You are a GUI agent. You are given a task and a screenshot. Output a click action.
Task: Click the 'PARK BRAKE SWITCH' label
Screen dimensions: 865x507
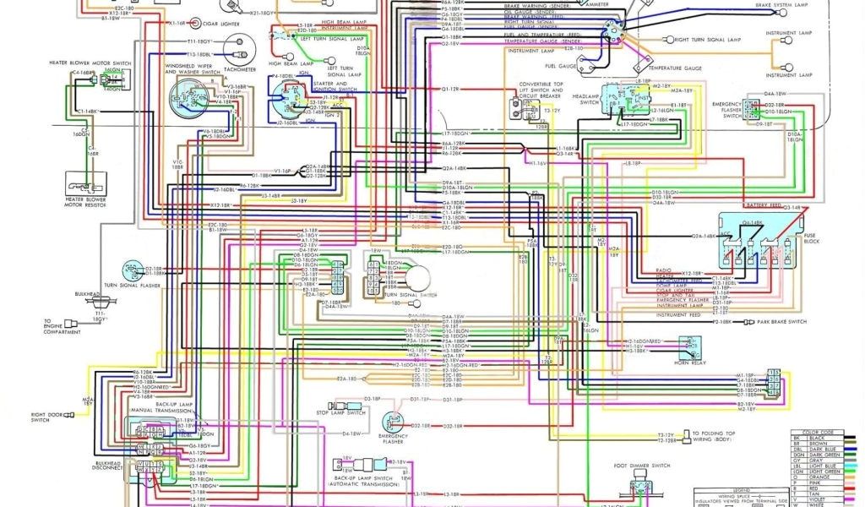tap(783, 322)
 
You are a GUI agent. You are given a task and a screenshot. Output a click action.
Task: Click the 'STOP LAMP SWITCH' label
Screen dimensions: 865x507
tap(342, 413)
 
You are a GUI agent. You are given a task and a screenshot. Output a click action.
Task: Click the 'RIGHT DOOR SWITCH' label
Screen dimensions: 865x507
tap(52, 417)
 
